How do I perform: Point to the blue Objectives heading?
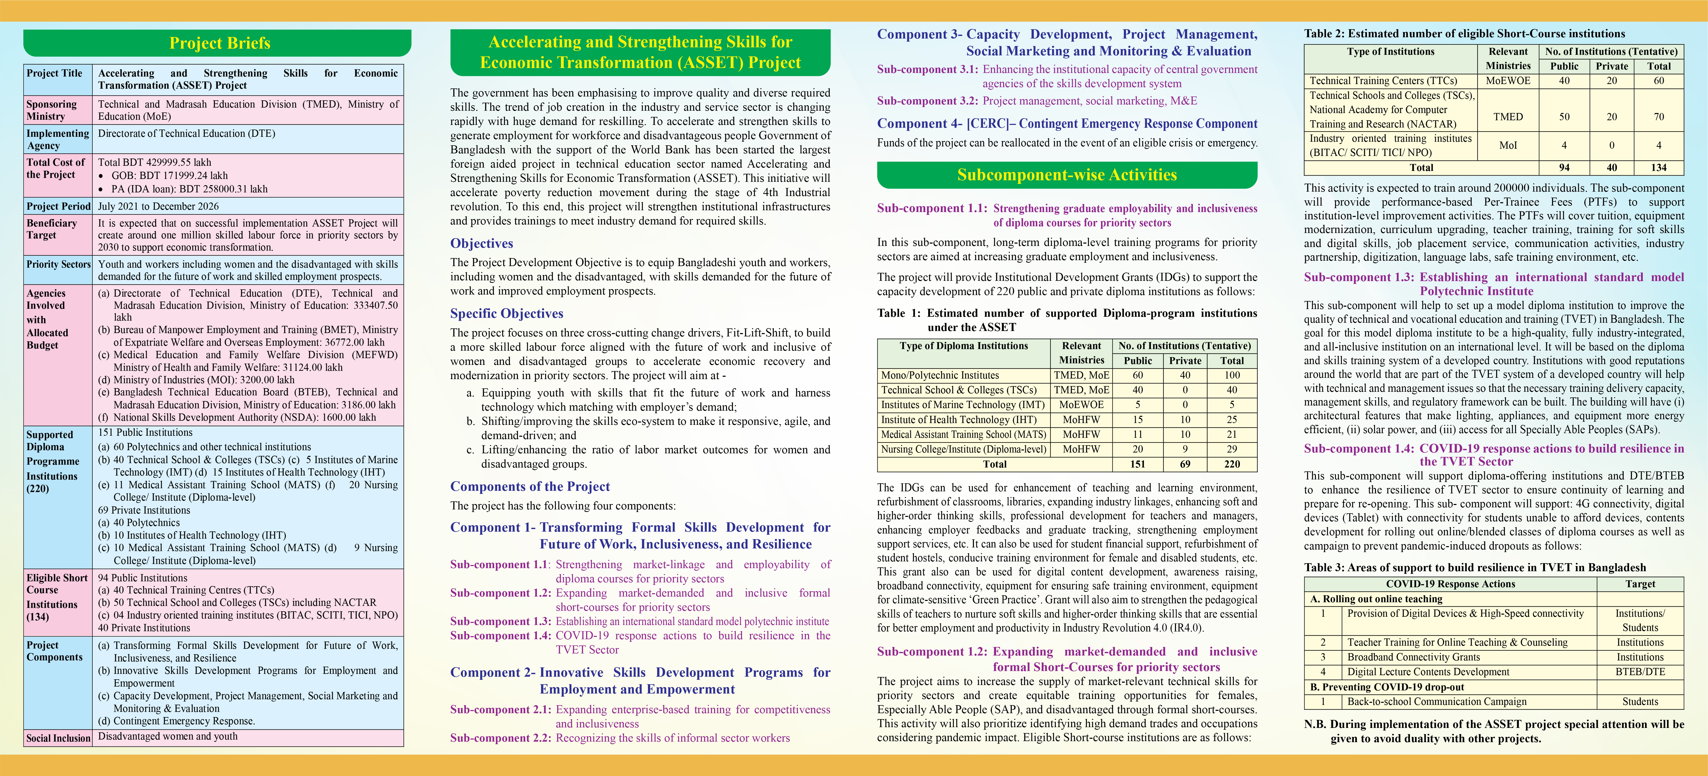481,243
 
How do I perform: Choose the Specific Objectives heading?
507,313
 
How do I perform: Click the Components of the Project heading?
530,486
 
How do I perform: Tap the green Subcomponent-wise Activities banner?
1067,175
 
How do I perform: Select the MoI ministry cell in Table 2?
1508,145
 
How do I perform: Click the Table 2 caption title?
1464,34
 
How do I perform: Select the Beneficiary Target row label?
52,229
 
